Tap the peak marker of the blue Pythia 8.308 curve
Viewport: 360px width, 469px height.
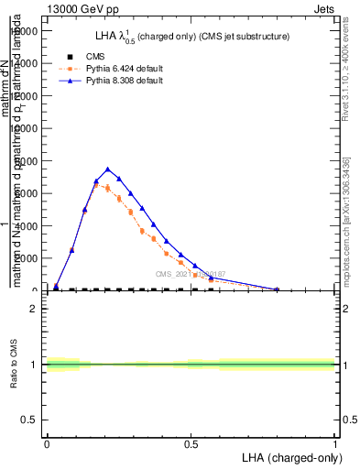[108, 169]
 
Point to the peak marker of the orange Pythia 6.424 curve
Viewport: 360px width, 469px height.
[96, 185]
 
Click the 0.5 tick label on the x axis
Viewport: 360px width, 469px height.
[191, 444]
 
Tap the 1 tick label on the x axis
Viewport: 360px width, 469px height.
[335, 444]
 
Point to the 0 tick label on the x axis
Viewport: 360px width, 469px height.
[47, 444]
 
